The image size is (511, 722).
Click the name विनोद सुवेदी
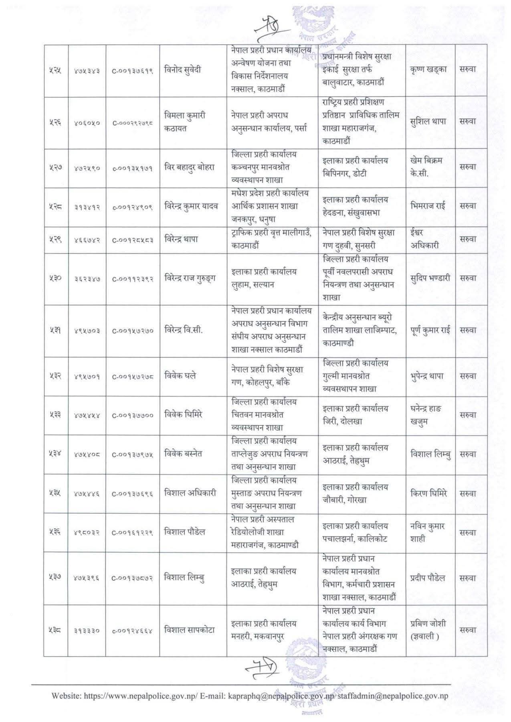click(x=183, y=70)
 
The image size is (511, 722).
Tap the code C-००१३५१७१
click(x=132, y=168)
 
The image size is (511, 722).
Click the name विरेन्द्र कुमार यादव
click(x=191, y=206)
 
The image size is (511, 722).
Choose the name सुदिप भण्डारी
click(x=430, y=278)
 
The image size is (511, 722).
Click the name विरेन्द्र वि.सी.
click(x=184, y=330)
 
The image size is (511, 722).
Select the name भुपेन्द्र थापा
click(x=430, y=376)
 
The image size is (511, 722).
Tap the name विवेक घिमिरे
click(x=184, y=414)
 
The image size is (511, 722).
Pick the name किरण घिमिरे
click(x=429, y=493)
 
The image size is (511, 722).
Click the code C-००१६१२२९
click(x=132, y=533)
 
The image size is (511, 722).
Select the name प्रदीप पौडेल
click(x=428, y=578)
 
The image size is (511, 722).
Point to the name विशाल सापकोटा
click(x=190, y=630)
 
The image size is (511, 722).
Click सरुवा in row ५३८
click(x=468, y=630)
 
